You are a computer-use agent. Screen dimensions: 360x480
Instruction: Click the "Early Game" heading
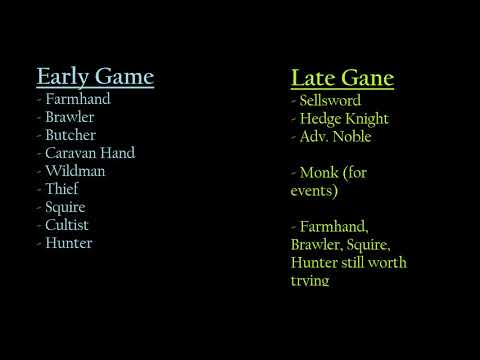[x=95, y=76]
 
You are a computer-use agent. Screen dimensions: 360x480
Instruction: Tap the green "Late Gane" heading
[x=342, y=78]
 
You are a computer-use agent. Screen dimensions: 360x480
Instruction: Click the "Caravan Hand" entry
[x=90, y=153]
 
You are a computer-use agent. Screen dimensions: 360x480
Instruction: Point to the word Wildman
[x=75, y=171]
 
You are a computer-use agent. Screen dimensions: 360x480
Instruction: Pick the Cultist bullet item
[x=72, y=225]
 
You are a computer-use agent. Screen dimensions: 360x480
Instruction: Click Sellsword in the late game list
[x=331, y=101]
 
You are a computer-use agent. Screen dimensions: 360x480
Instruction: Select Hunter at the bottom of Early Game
[x=69, y=243]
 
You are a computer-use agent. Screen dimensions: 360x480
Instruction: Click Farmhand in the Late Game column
[x=337, y=226]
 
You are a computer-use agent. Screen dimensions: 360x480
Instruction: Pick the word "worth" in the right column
[x=385, y=263]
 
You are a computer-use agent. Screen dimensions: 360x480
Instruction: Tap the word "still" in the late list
[x=347, y=263]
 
